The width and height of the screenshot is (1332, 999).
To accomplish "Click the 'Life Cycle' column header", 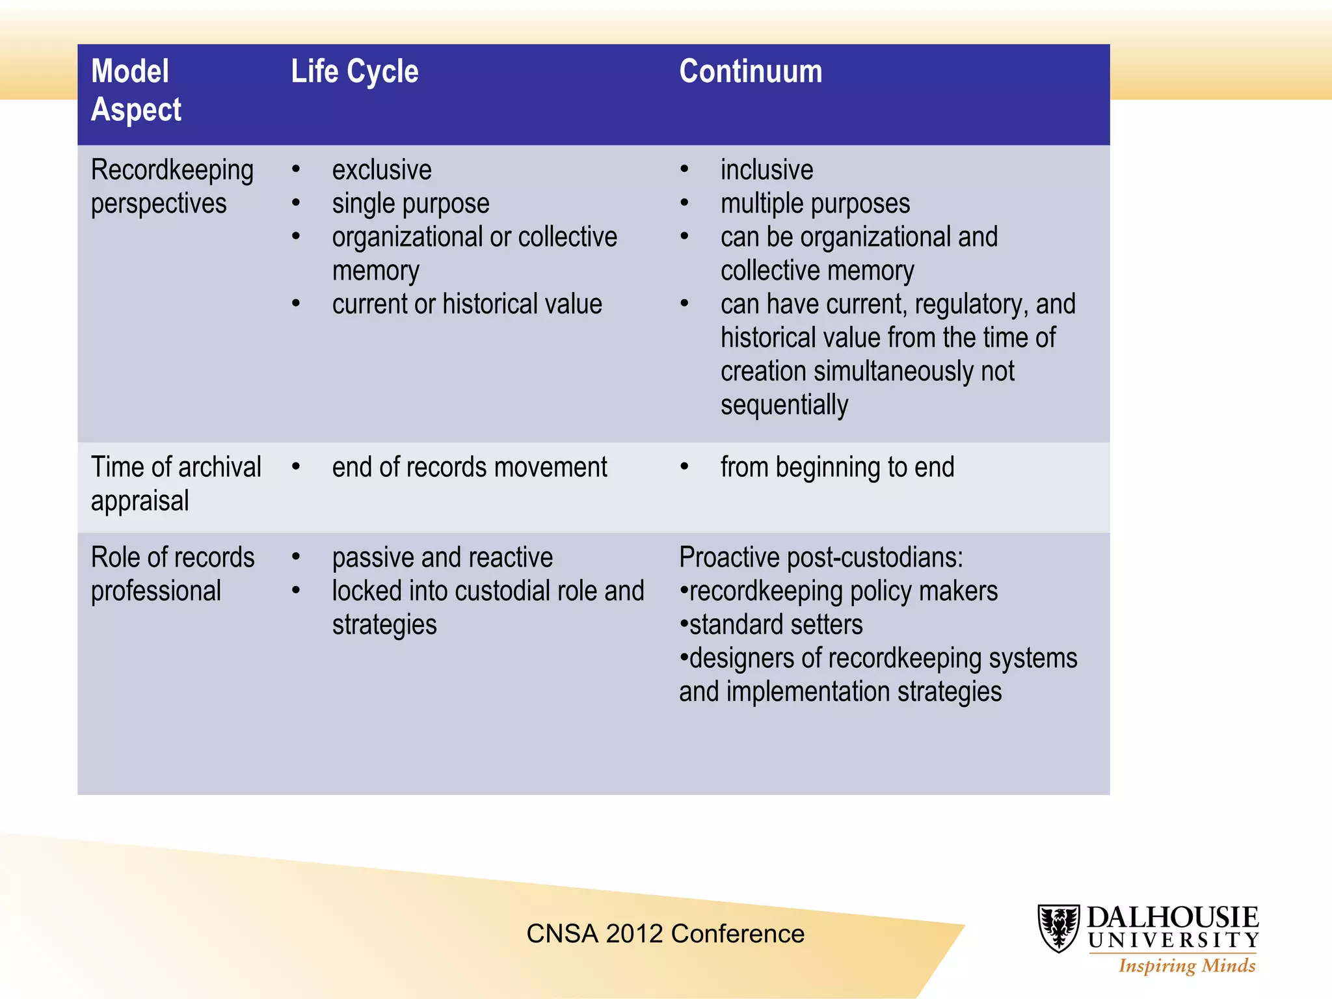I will [354, 72].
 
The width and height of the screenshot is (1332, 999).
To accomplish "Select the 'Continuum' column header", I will [751, 72].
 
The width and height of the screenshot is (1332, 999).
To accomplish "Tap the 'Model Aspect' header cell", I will [137, 90].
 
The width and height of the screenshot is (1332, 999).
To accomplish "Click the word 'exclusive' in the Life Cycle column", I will [382, 170].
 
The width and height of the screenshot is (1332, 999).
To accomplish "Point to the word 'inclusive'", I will [767, 170].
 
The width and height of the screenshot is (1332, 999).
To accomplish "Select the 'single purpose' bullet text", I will [410, 204].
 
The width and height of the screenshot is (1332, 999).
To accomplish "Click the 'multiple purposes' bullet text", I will [815, 204].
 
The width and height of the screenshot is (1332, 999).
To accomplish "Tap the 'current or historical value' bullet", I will [467, 304].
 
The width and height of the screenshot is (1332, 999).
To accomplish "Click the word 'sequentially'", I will [784, 405].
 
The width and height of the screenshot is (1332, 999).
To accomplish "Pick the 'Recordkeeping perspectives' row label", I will [172, 187].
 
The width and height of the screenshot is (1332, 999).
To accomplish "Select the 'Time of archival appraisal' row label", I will [176, 484].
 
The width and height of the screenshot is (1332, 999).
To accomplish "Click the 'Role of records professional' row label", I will [172, 574].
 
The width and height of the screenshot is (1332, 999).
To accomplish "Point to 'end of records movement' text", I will [470, 468].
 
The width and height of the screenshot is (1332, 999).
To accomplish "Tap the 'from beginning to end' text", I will [837, 468].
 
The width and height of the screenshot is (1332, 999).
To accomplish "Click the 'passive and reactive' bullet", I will [442, 558].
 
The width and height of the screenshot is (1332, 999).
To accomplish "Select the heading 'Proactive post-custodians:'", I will [821, 558].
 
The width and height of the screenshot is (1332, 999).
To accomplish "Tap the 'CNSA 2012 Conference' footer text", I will [665, 934].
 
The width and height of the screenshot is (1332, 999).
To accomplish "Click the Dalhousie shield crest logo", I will [1058, 928].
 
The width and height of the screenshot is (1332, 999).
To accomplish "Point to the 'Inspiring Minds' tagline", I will [1186, 966].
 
